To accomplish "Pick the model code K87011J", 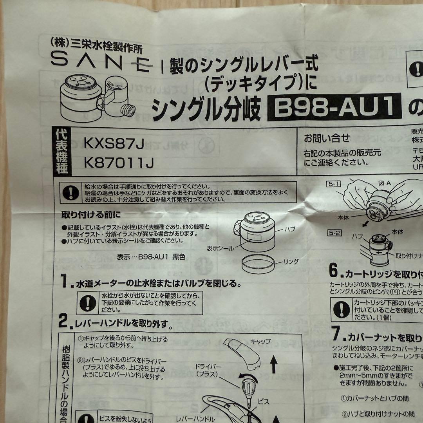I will pyautogui.click(x=117, y=163).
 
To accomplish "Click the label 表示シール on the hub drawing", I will pyautogui.click(x=221, y=248).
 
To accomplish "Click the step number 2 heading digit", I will pyautogui.click(x=64, y=322).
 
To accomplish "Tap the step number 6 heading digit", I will pyautogui.click(x=333, y=271).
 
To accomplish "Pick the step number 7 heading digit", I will pyautogui.click(x=335, y=334).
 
